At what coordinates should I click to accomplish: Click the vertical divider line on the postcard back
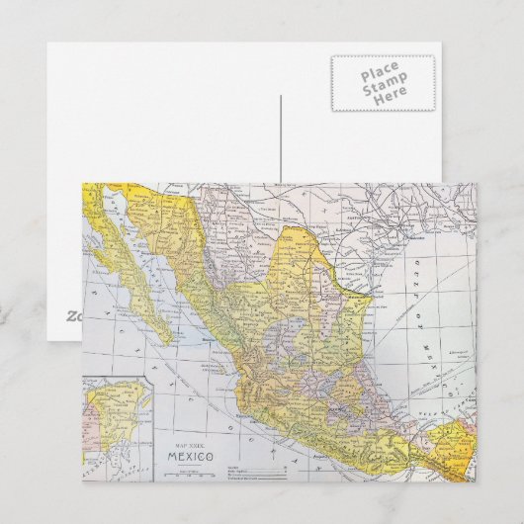pos(281,138)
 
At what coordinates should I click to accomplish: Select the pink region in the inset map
pos(89,435)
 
